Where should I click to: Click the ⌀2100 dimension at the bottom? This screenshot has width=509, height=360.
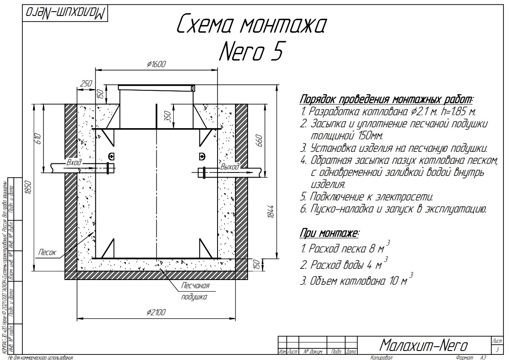point(156,312)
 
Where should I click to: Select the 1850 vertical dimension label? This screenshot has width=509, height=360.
point(28,188)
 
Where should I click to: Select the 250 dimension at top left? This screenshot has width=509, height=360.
point(86,83)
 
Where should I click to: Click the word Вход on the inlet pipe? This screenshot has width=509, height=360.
point(74,163)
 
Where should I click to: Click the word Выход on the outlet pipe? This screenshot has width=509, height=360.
point(229,167)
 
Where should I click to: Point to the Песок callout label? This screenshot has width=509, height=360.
point(47,252)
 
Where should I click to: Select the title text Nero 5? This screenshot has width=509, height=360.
point(251,52)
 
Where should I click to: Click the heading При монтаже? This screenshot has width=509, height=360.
point(329,234)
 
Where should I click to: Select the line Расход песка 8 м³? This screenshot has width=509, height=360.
point(344,249)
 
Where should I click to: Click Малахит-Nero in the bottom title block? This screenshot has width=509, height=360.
point(423,345)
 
